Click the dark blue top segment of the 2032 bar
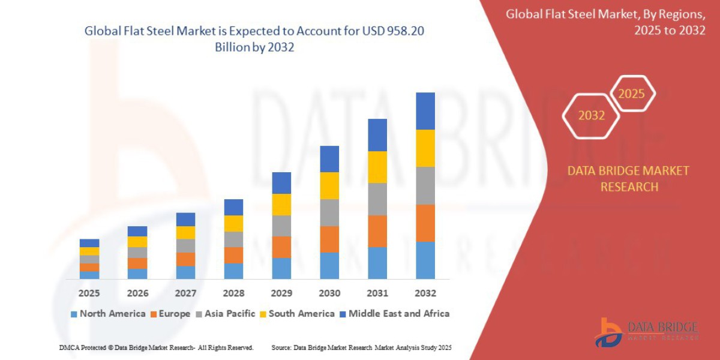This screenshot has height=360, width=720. click(x=425, y=111)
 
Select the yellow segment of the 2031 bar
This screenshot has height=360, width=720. click(x=377, y=167)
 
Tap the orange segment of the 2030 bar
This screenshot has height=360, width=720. click(x=329, y=239)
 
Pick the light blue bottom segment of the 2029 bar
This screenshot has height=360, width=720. click(x=281, y=268)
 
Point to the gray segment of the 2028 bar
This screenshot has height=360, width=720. click(x=233, y=239)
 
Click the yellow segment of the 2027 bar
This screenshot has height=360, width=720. click(x=185, y=232)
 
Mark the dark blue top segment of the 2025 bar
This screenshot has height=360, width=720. click(x=89, y=243)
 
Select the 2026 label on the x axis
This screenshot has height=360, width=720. click(x=137, y=293)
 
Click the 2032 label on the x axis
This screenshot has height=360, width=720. click(x=425, y=293)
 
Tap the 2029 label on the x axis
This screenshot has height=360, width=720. click(x=281, y=293)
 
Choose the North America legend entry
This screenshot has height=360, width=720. click(x=107, y=314)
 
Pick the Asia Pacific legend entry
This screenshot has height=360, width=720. click(x=225, y=314)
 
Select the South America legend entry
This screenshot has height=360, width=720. click(x=296, y=314)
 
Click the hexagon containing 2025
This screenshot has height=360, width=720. click(x=631, y=94)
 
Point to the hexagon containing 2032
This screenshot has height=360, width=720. click(x=591, y=116)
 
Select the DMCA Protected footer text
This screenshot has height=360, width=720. click(x=156, y=347)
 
